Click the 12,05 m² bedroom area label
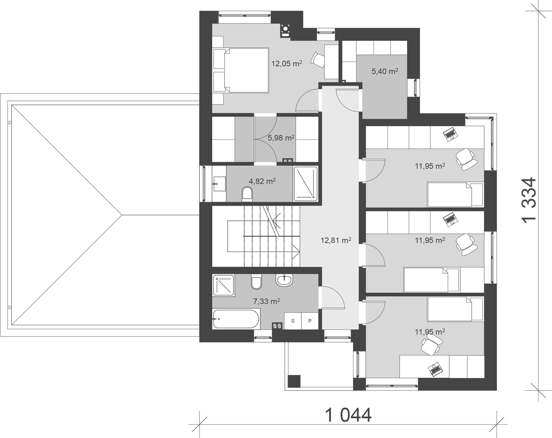(287, 63)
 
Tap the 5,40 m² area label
(385, 71)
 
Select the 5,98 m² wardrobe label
(281, 138)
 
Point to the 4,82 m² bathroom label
(262, 181)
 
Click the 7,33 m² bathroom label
(266, 301)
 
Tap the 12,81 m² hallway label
(336, 240)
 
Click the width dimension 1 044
(348, 416)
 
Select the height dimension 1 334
(528, 200)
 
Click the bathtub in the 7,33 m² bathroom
(236, 319)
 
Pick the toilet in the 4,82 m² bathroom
(247, 193)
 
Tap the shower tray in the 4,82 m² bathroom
(306, 183)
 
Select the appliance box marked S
(293, 321)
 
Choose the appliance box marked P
(310, 321)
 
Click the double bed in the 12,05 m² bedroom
(241, 70)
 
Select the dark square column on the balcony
(294, 381)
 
